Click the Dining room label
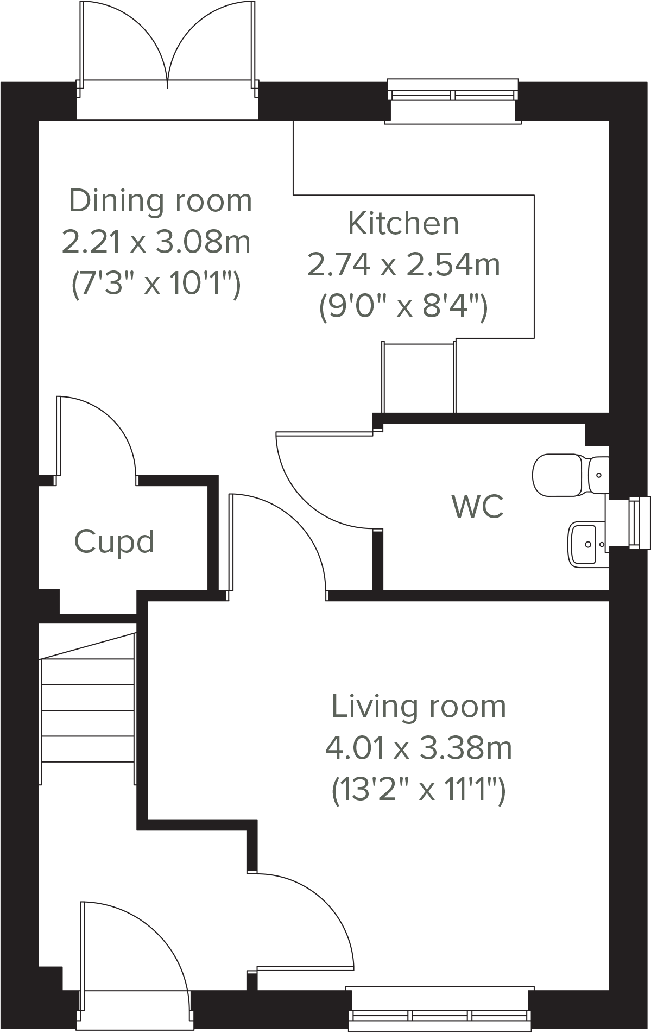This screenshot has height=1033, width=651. (161, 201)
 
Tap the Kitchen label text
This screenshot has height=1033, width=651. (403, 224)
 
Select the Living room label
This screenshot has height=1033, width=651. (419, 707)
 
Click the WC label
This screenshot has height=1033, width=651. (477, 506)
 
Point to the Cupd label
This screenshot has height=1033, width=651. (114, 541)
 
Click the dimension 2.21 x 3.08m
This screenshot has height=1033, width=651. (156, 242)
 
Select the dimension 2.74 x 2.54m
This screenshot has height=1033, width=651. (403, 265)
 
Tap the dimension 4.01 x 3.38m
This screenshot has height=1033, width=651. (419, 748)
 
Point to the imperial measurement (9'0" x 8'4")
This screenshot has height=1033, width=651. (403, 306)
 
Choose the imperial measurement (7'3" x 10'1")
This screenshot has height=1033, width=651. (156, 283)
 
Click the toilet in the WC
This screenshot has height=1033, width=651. (565, 475)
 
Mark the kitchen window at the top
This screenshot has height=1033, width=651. (453, 96)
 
